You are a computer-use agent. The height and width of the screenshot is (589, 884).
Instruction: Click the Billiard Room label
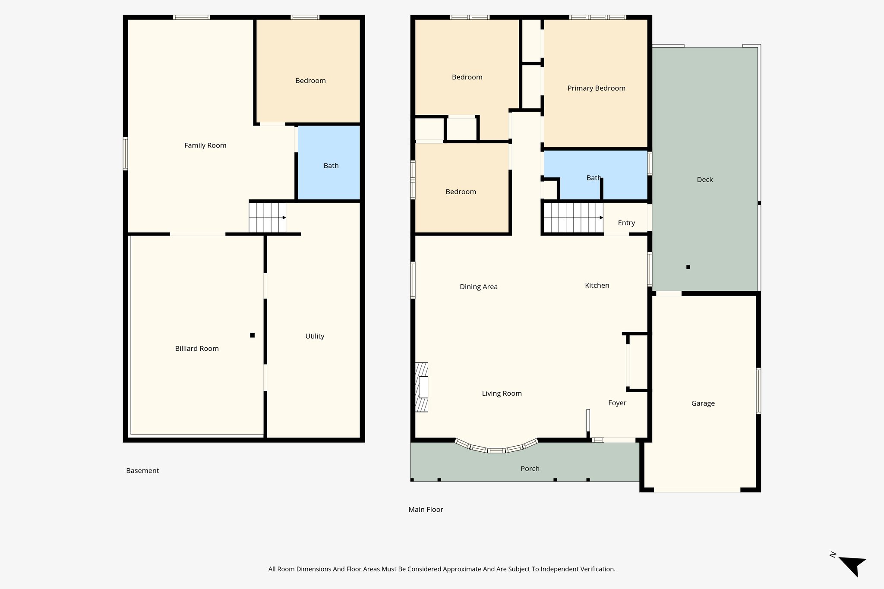197,349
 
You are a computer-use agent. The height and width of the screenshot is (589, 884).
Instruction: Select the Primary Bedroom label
596,88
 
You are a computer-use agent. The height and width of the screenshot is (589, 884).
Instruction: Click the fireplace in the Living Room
422,387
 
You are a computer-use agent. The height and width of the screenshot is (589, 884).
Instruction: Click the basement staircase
267,217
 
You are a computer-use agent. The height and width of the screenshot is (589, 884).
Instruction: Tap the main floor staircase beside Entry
572,217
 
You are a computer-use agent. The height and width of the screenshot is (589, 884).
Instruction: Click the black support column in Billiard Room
253,335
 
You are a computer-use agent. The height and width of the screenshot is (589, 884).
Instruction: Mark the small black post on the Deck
688,267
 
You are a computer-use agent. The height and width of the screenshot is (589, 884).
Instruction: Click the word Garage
703,403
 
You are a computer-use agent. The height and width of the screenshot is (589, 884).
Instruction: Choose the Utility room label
315,336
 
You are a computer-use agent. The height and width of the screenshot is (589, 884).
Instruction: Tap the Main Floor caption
426,510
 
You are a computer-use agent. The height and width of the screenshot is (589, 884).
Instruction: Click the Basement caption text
142,471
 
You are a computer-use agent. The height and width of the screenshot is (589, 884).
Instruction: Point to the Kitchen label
597,285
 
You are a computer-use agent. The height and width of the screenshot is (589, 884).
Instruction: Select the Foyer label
617,403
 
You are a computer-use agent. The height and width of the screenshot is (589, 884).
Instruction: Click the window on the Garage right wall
758,391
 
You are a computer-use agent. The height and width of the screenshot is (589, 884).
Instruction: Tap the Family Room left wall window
125,154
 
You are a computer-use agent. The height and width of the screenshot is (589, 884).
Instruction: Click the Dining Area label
478,287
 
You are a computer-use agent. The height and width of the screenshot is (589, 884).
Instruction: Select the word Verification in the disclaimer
597,569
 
